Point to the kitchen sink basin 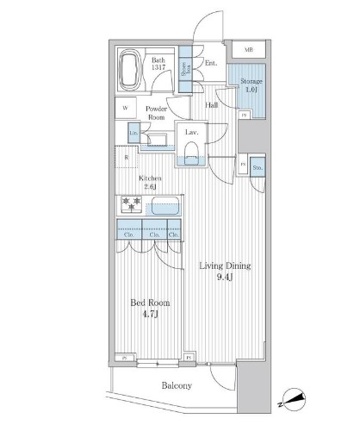[x=163, y=207]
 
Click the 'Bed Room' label [x=149, y=309]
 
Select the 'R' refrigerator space [x=126, y=159]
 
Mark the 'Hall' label [x=212, y=105]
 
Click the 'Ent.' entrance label [x=211, y=63]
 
